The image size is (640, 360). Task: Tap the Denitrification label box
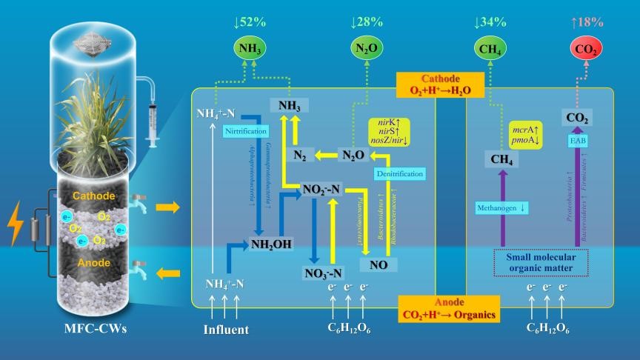pyautogui.click(x=399, y=173)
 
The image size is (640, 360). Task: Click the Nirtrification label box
pyautogui.click(x=243, y=131)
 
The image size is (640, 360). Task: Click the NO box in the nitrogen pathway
pyautogui.click(x=378, y=263)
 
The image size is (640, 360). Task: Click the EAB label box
pyautogui.click(x=577, y=140)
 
